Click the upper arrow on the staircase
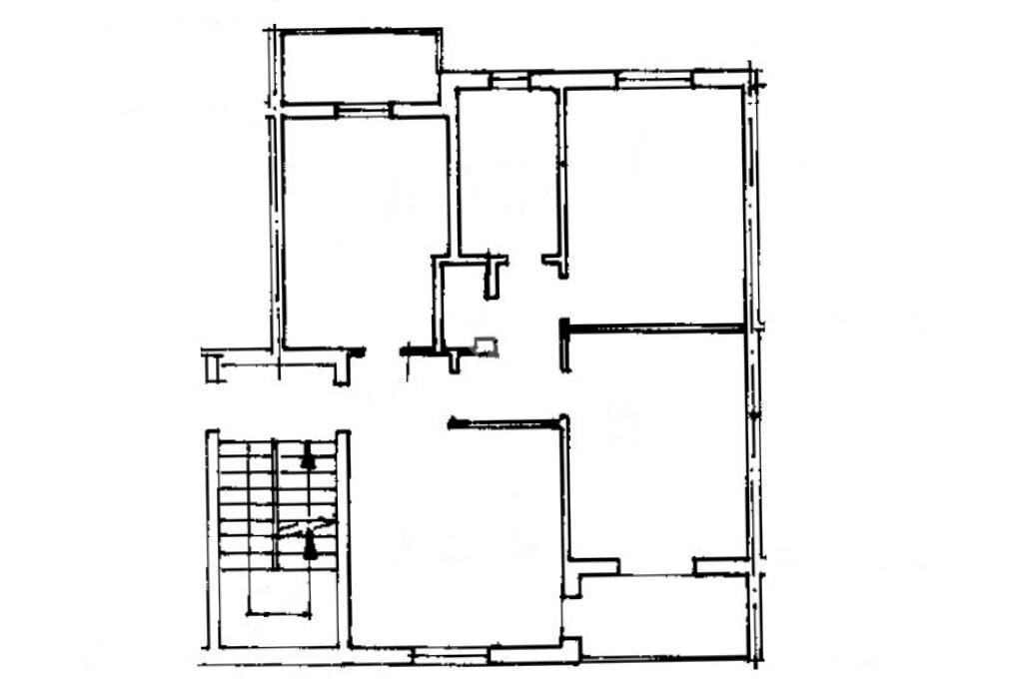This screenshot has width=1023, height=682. pos(308,459)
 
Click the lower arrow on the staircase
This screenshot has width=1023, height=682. pos(309,545)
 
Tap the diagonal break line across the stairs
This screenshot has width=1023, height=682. pos(305,525)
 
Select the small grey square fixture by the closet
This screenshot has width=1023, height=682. pos(485,345)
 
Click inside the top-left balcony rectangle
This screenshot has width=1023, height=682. pos(360,66)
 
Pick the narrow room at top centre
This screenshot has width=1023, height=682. pos(507,170)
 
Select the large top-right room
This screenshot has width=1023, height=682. pos(654,200)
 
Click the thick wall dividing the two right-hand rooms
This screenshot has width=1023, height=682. pos(654,326)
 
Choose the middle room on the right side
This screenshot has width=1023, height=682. pos(654,449)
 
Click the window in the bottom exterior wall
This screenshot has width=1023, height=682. pos(450,655)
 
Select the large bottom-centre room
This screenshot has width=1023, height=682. pos(455,539)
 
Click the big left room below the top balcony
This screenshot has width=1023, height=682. pos(360,230)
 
